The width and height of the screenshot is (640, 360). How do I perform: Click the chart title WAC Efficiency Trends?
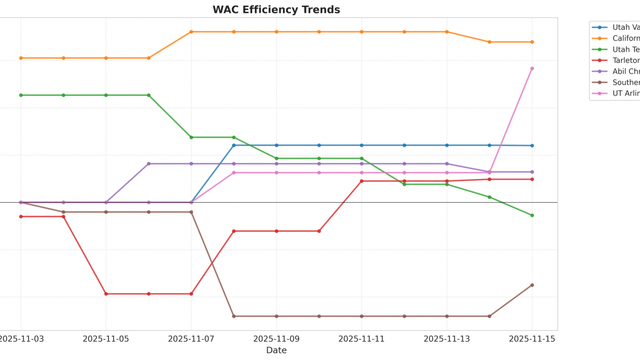click(x=276, y=10)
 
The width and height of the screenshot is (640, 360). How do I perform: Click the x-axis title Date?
click(x=276, y=350)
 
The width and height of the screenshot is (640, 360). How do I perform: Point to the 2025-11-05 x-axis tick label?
click(x=106, y=339)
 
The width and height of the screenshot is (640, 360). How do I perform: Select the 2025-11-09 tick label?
click(x=276, y=339)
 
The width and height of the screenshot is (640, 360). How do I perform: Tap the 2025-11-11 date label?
click(x=362, y=339)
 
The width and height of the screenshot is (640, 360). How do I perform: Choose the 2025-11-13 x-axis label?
click(x=447, y=339)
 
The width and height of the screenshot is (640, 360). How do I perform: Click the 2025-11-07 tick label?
click(x=191, y=339)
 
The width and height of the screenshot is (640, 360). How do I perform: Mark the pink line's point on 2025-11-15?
click(x=532, y=69)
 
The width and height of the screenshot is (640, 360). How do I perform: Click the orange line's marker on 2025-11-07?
click(x=191, y=32)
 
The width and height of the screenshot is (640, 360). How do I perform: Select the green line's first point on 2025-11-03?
click(x=21, y=95)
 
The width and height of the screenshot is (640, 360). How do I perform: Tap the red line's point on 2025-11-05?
click(x=106, y=294)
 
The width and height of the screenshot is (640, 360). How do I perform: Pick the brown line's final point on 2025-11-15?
click(x=532, y=285)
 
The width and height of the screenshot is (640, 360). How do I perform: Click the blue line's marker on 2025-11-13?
click(x=447, y=145)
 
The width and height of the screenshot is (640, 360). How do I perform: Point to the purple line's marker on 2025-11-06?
click(x=149, y=164)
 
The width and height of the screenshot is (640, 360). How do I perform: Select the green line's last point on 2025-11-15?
click(x=532, y=216)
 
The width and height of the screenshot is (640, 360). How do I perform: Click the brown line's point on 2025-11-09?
click(x=276, y=316)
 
